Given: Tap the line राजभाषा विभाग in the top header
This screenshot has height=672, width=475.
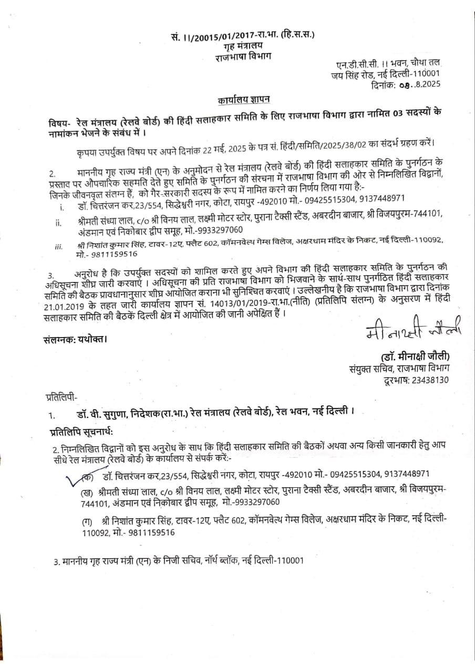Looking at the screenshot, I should point(243,56).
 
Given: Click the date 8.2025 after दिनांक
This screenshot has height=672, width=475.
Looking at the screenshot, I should point(420,83).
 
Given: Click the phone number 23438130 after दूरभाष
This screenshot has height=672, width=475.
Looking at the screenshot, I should point(424,380).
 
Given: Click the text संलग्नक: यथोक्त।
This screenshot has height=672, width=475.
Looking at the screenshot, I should point(76,339).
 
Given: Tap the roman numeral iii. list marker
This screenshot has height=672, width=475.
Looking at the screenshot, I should point(58,246).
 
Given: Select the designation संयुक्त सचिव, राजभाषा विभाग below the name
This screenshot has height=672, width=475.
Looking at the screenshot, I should point(399,368).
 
